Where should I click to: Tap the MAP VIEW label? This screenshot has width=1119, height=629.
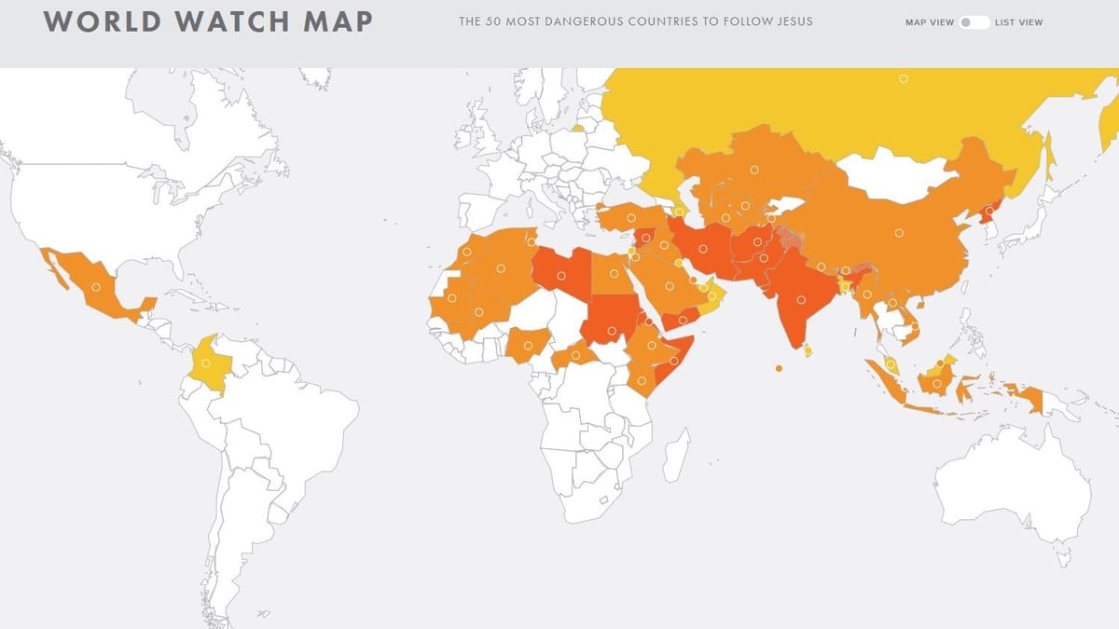pos(930,22)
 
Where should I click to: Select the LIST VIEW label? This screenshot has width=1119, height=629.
pos(1019,22)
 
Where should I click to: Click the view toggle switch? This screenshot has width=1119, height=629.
pos(974,22)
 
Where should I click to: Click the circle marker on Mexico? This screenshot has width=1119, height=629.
pos(95,287)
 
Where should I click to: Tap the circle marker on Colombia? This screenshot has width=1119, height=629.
pos(205,362)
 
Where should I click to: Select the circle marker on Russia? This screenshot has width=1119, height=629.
pos(903,79)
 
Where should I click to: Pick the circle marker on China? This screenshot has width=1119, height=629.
pos(899,233)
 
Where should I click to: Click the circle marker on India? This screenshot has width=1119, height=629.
pos(801,300)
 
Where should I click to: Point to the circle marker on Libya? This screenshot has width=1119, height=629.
pos(563,275)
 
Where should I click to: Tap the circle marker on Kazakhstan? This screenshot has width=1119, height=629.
pos(753,169)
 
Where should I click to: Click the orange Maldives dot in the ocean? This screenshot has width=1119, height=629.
pos(779,369)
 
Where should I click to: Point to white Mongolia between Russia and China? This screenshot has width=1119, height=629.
pos(891,177)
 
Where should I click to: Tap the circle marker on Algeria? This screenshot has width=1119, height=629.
pos(501,268)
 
